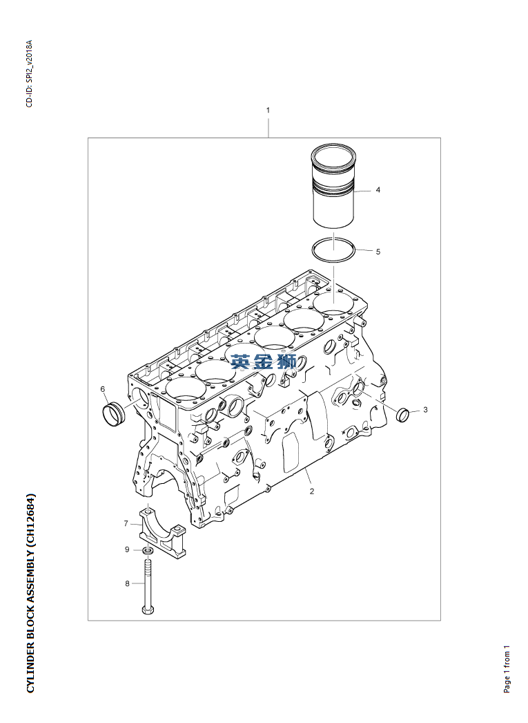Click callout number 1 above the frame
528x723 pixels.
(x=268, y=110)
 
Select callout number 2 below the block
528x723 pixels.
(x=312, y=491)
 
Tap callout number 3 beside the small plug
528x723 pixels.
(x=425, y=410)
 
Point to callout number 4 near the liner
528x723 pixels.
(x=378, y=189)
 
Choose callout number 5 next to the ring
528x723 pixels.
(x=378, y=252)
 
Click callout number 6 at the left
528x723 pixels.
(x=103, y=389)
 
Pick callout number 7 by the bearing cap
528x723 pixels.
(x=126, y=523)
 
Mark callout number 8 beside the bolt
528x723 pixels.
(x=127, y=584)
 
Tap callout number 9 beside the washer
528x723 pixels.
(x=127, y=550)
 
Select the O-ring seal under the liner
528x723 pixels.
(x=333, y=250)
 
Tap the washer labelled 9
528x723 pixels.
(x=148, y=551)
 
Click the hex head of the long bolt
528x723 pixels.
(x=148, y=610)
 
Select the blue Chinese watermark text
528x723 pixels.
(x=264, y=361)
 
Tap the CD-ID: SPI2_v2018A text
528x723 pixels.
(x=28, y=74)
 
